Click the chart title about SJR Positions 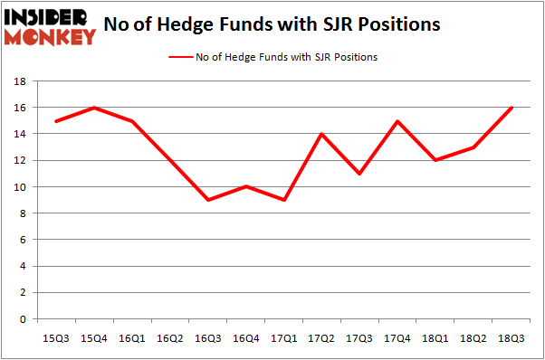272,24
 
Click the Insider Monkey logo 51,25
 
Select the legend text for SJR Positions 287,57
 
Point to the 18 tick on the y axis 19,81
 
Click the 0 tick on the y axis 22,319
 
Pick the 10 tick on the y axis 19,187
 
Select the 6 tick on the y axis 22,240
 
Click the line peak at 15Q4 94,108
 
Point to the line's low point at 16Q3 208,200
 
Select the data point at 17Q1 284,200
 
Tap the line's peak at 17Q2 321,134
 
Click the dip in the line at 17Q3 359,174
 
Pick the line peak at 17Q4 397,121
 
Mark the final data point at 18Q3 512,108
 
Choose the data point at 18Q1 435,160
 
